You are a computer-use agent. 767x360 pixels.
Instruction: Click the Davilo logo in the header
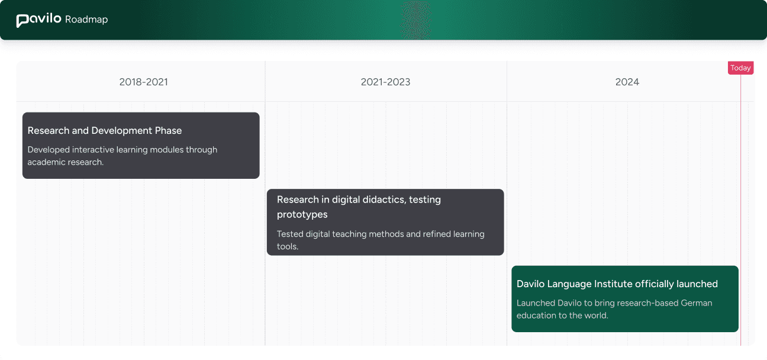pos(38,20)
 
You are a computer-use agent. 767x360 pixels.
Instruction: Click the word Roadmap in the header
pos(86,20)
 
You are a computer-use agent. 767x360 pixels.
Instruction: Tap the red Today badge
pos(740,68)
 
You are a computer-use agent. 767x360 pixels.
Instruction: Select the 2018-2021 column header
pos(143,82)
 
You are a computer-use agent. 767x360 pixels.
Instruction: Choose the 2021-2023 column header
pos(385,82)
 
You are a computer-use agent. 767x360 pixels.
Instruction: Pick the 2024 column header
pos(627,82)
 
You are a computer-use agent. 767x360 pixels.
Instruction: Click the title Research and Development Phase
pos(105,130)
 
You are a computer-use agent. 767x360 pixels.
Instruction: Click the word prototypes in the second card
pos(302,214)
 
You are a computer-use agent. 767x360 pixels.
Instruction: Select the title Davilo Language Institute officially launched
pos(617,284)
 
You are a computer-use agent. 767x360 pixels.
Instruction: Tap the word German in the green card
pos(697,303)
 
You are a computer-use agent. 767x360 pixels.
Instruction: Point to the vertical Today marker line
pos(740,207)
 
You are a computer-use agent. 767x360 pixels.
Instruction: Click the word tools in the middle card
pos(286,246)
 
